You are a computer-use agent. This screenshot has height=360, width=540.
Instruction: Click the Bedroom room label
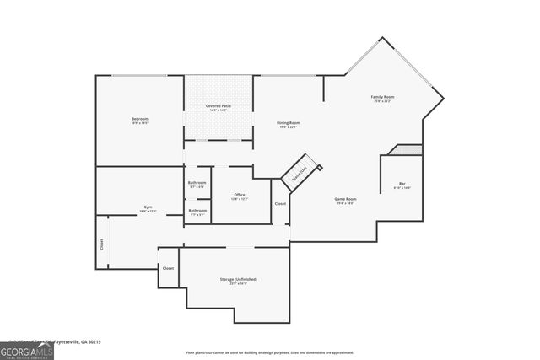point(139,121)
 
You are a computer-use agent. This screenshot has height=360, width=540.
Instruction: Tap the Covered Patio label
point(219,106)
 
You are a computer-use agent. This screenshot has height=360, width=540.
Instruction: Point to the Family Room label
point(382,99)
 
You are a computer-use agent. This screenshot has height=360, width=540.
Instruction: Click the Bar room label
point(402,185)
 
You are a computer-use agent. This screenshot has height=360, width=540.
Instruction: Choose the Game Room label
point(344,201)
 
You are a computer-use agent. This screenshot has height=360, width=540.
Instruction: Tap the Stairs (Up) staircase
point(300,173)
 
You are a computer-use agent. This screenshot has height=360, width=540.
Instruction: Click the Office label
point(240,196)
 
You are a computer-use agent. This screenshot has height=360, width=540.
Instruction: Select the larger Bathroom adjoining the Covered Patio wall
point(197,184)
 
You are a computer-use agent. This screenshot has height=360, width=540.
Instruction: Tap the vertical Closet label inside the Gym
point(102,244)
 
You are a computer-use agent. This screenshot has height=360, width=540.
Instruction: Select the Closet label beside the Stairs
point(280,204)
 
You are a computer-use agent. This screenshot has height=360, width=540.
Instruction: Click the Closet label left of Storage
point(169,268)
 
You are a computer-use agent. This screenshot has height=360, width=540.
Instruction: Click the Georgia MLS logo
point(26,351)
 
